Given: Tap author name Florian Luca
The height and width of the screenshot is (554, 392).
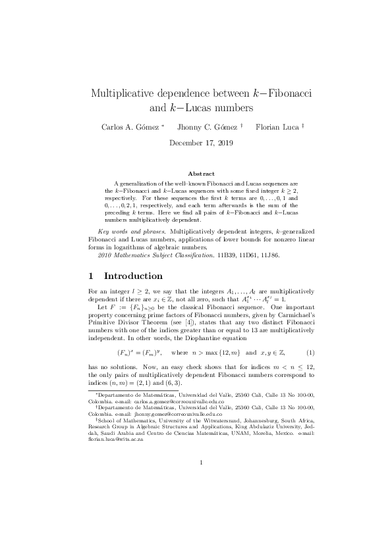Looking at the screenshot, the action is click(x=276, y=126).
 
